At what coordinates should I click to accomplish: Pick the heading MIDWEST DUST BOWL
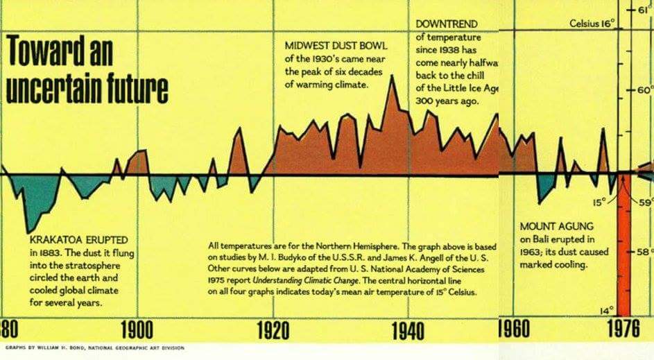336,45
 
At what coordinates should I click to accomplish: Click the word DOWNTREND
447,24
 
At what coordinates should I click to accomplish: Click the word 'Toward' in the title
48,51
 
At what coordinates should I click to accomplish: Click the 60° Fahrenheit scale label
642,90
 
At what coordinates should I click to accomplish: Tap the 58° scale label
644,251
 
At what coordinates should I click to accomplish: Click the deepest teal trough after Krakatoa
28,231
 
